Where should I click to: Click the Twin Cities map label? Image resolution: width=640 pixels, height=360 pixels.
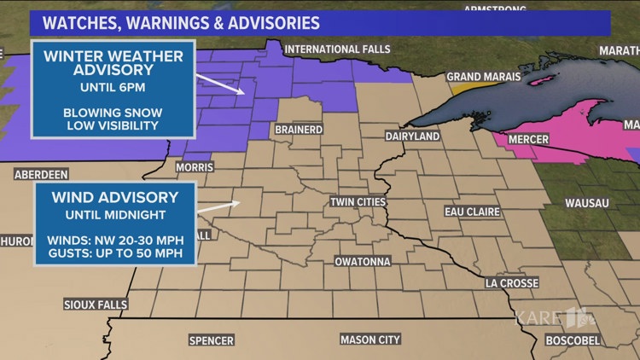point(358,202)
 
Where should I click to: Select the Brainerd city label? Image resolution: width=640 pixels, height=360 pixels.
point(298,130)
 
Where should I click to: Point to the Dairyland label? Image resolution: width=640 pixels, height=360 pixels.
point(412,136)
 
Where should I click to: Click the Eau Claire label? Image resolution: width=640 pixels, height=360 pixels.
point(472,211)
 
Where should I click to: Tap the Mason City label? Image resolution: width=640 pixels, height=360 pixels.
point(369,340)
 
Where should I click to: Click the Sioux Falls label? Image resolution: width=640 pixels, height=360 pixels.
point(96,305)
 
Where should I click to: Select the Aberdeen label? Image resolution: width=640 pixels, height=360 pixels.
point(41,174)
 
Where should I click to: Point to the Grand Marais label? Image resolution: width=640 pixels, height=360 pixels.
point(477,76)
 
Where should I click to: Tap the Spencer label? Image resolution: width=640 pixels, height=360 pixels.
point(211,340)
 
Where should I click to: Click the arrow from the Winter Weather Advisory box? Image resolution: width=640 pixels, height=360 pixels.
point(219,84)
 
